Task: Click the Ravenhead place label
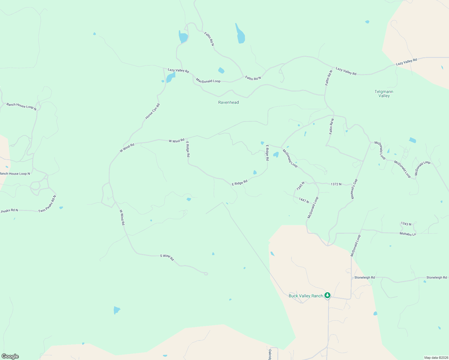coord(228,102)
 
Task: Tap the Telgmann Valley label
coord(384,94)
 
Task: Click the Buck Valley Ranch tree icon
coord(327,295)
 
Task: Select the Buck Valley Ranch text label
coord(306,296)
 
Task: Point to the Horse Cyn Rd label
coord(152,111)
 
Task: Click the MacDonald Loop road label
coord(208,81)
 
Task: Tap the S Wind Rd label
coord(167,257)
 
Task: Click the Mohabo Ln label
coord(408,234)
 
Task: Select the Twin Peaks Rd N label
coord(47,204)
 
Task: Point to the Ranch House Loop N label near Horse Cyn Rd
coord(21,106)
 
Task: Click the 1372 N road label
coord(336,184)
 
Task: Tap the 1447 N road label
coord(304,200)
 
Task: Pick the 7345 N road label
coord(300,186)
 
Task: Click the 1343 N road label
coord(406,224)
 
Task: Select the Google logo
coord(10,356)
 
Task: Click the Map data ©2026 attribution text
coord(436,358)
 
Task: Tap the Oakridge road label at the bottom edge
coord(270,354)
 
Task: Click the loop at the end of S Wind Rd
coord(206,274)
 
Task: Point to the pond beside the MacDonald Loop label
coord(221,70)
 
